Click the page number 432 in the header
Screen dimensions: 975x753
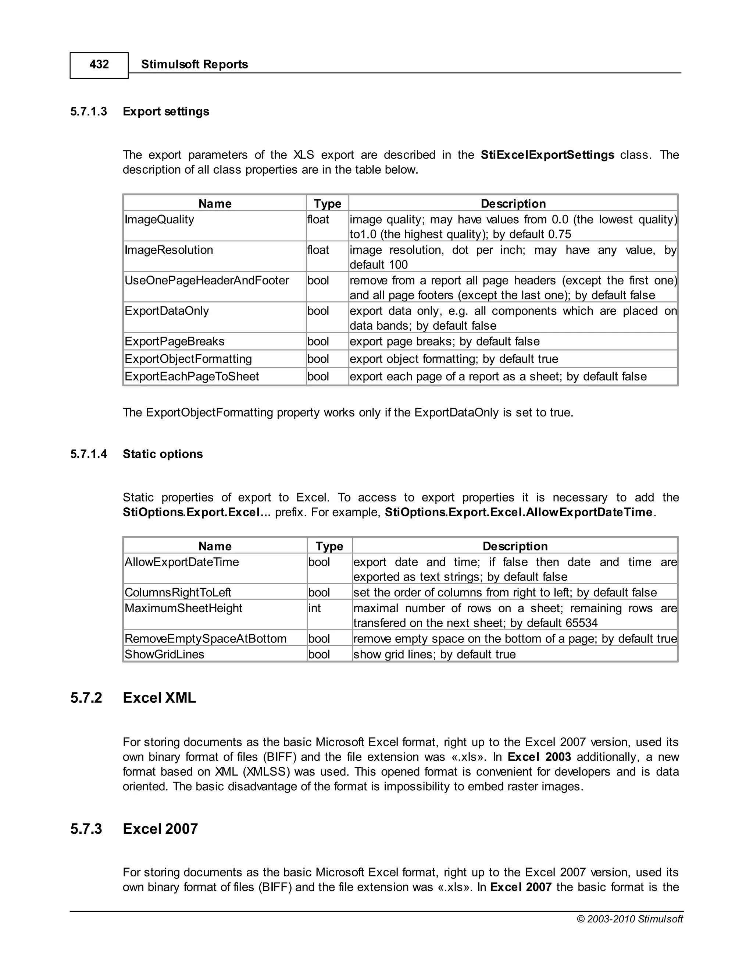coord(99,65)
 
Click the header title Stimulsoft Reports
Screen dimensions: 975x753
coord(195,64)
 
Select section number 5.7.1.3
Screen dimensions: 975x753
coord(89,111)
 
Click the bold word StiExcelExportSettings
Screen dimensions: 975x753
coord(547,155)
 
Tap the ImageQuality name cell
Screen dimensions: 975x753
coord(159,220)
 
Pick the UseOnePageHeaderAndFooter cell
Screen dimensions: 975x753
coord(207,281)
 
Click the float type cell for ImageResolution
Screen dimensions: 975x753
coord(318,250)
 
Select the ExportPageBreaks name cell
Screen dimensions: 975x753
coord(174,341)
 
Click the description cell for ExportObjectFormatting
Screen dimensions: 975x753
coord(454,359)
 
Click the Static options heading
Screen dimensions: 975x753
coord(163,454)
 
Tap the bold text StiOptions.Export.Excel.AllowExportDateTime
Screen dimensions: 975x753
coord(519,513)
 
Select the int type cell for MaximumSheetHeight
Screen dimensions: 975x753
coord(314,609)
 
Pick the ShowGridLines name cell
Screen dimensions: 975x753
coord(164,655)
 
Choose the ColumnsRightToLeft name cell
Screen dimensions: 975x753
coord(178,593)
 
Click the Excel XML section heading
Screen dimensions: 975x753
coord(159,698)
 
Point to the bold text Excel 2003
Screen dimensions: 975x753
coord(539,757)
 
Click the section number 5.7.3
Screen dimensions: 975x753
coord(86,829)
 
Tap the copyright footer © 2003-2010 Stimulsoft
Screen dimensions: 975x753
coord(629,919)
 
